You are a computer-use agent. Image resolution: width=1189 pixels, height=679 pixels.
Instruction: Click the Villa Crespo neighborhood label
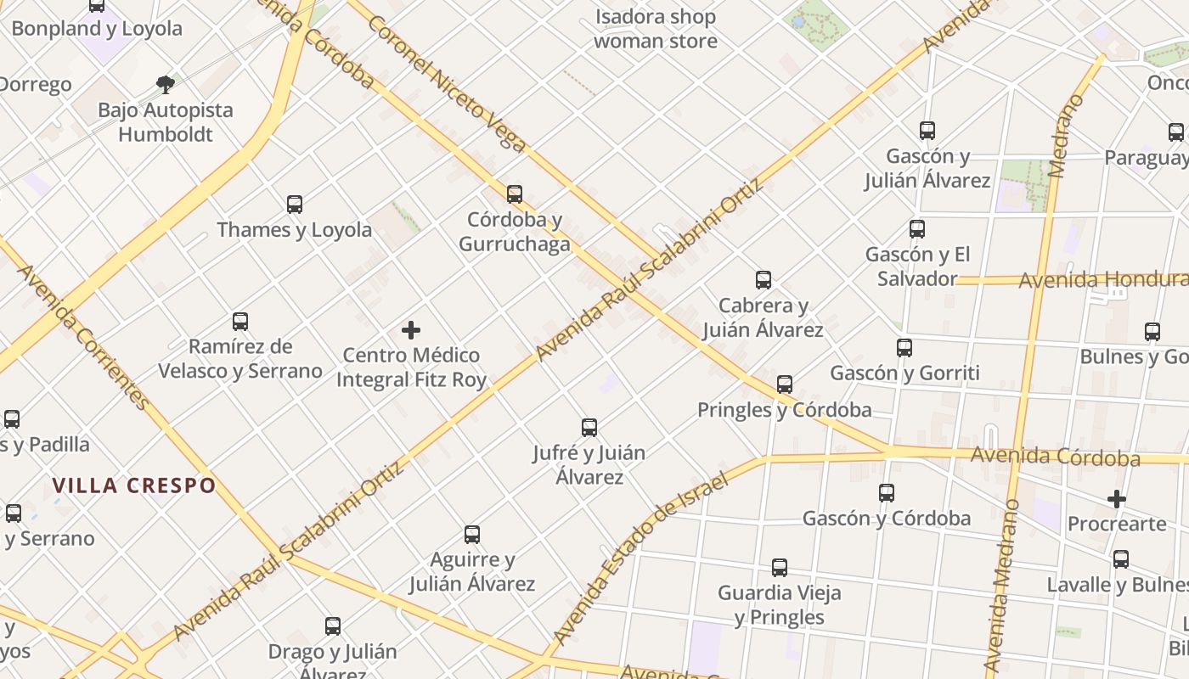point(134,485)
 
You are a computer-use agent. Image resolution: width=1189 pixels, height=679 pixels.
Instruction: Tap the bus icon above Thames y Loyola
point(295,205)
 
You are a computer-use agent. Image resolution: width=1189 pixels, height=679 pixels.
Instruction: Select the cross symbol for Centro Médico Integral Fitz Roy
point(411,330)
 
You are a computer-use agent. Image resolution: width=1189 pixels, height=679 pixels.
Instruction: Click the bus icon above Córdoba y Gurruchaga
point(515,194)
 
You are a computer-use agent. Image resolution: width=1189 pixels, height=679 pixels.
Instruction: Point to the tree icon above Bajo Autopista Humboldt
point(166,84)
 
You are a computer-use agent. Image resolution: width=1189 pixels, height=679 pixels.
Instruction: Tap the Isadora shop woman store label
point(655,29)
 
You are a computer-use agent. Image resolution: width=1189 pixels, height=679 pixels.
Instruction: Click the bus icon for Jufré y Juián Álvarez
point(589,428)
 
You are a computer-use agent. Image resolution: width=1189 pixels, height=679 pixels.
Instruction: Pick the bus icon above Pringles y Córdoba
point(785,384)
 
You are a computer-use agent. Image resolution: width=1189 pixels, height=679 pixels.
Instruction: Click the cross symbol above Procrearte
point(1117,499)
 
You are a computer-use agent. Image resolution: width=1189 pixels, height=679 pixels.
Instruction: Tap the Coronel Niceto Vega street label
point(446,83)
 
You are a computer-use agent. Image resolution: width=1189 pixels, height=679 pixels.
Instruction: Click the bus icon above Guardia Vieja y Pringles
point(780,568)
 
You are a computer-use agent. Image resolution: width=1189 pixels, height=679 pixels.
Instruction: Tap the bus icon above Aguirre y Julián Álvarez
point(472,535)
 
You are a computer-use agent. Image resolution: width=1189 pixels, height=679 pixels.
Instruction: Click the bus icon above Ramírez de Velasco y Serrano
point(240,322)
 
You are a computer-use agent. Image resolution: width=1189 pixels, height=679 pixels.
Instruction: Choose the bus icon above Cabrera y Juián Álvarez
point(764,280)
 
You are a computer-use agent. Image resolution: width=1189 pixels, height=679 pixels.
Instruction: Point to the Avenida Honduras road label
point(1102,280)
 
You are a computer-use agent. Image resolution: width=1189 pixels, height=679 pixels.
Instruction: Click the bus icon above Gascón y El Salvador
point(917,229)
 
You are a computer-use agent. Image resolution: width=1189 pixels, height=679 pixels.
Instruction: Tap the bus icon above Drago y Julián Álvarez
point(333,626)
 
